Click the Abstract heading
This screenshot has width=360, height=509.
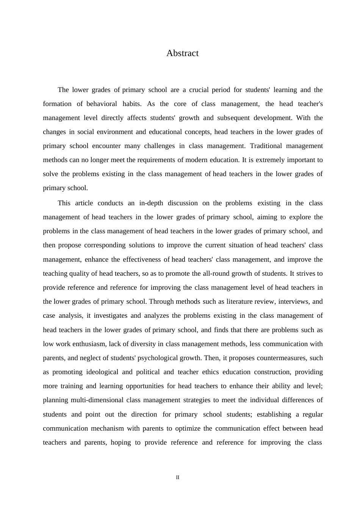182,53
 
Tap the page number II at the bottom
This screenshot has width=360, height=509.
177,478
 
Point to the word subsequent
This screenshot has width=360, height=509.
233,118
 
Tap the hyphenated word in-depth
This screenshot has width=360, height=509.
151,203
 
